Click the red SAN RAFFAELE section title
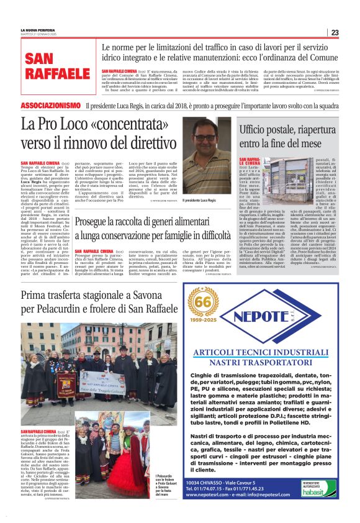click(x=56, y=66)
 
